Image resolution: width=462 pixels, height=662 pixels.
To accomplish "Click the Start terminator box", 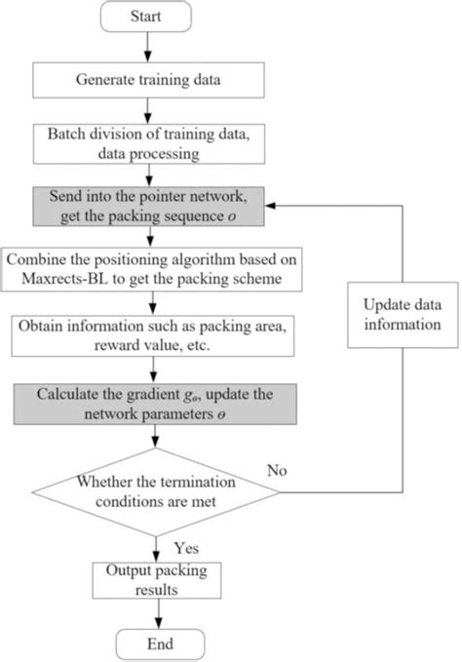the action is pyautogui.click(x=146, y=16).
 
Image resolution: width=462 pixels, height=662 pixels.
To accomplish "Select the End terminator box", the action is pyautogui.click(x=160, y=644).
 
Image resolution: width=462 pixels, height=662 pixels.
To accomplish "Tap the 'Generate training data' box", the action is pyautogui.click(x=148, y=80).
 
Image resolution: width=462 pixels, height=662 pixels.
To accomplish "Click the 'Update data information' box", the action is pyautogui.click(x=403, y=315).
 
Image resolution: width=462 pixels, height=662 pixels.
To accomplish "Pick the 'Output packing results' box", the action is pyautogui.click(x=157, y=580).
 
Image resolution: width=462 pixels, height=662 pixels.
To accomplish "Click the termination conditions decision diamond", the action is pyautogui.click(x=156, y=491).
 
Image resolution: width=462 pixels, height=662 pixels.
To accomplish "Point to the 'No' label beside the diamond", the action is pyautogui.click(x=277, y=470).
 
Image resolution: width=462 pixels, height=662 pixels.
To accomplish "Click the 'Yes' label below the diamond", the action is pyautogui.click(x=186, y=548).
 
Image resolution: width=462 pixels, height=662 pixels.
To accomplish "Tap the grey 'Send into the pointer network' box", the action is pyautogui.click(x=148, y=207).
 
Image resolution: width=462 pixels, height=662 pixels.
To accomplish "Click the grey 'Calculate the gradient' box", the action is pyautogui.click(x=155, y=404).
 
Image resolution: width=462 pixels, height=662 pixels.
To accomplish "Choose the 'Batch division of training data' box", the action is pyautogui.click(x=149, y=143).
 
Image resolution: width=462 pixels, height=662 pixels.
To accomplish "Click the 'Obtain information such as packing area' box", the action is pyautogui.click(x=153, y=335).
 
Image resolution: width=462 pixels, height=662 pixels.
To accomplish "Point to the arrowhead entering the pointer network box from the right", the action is pyautogui.click(x=270, y=206).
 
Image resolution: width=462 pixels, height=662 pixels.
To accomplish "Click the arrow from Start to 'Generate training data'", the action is pyautogui.click(x=148, y=47).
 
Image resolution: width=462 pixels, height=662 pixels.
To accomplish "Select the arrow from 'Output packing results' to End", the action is pyautogui.click(x=159, y=614).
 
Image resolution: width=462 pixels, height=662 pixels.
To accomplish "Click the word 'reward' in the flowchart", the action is pyautogui.click(x=113, y=345).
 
